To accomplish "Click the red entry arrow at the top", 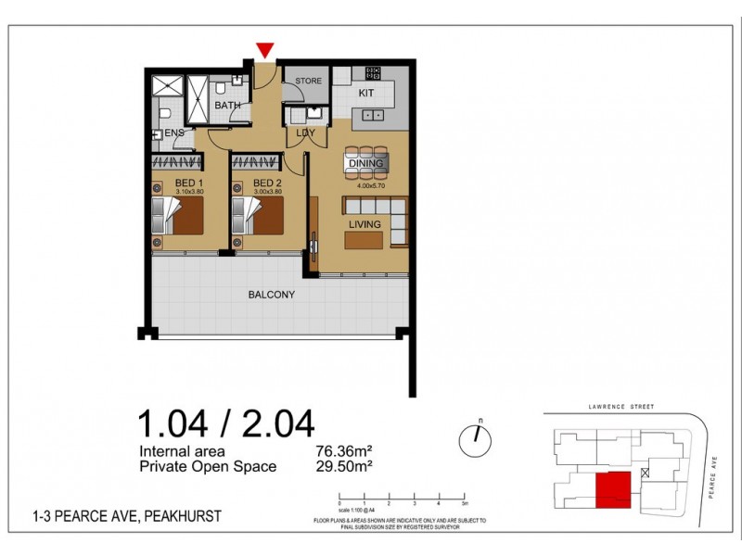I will point(266,51).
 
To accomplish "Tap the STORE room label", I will point(309,82).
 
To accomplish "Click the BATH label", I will point(227,106).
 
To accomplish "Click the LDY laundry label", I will point(305,133).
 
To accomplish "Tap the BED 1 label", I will point(189,183).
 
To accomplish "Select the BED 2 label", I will point(267,183).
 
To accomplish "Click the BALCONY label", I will point(271,296).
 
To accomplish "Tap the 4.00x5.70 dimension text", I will point(365,185).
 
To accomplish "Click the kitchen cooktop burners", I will point(375,71).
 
